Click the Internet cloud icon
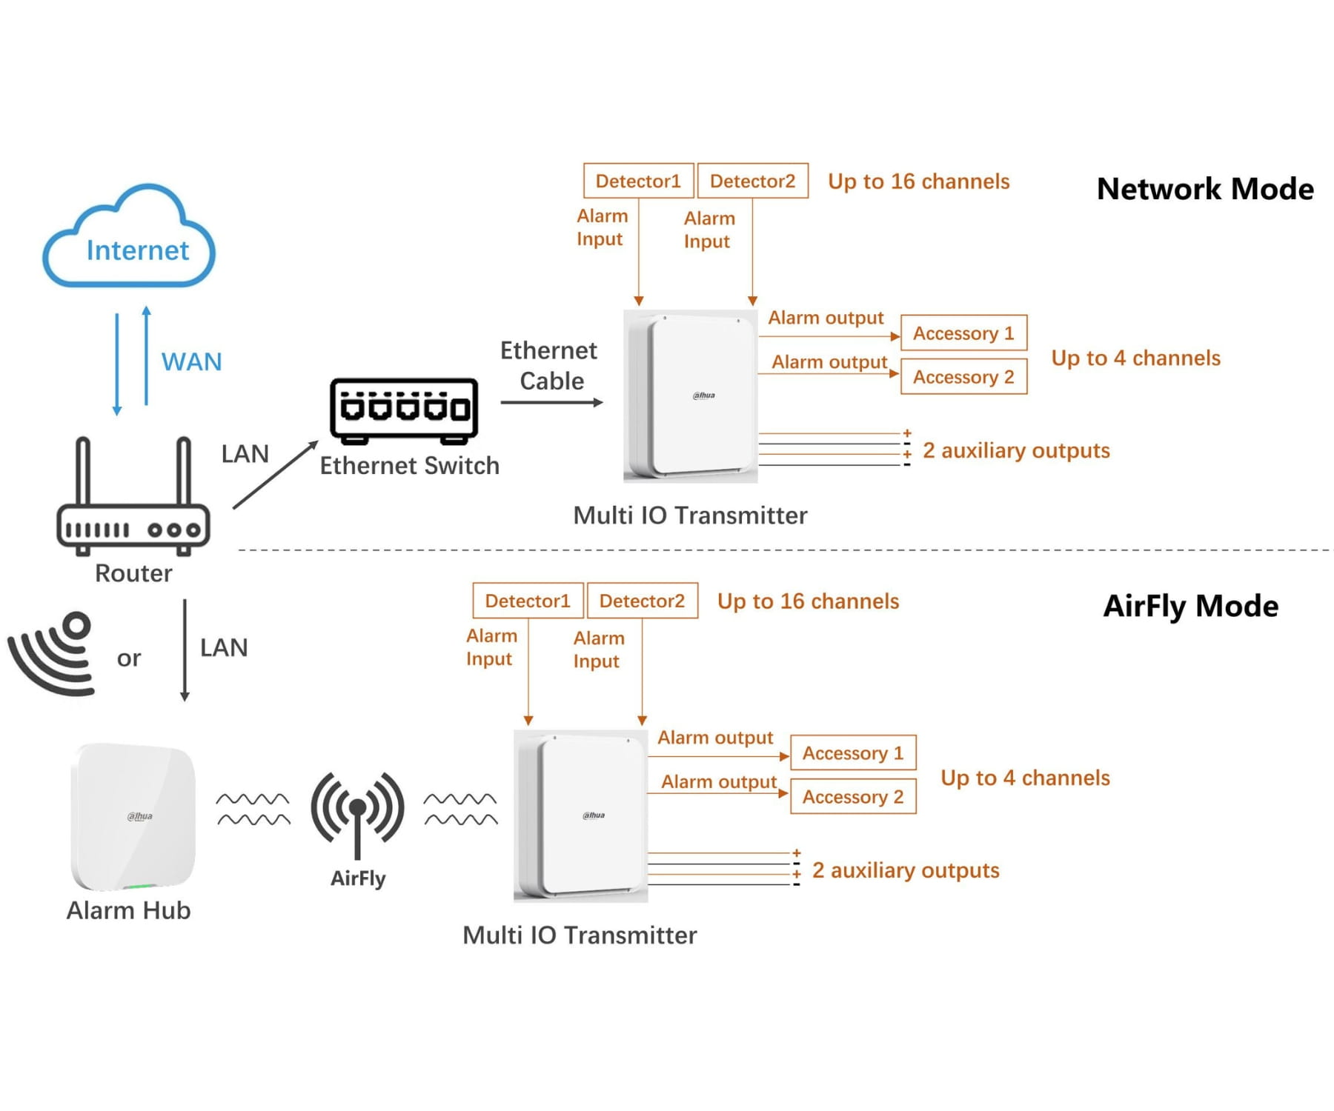[x=129, y=236]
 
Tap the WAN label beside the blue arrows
[x=191, y=361]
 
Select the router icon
[x=133, y=496]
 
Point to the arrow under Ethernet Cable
[x=552, y=402]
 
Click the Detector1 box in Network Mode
[x=639, y=181]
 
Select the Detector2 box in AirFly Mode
[x=642, y=601]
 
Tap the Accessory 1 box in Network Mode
[x=963, y=333]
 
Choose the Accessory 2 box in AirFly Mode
[x=853, y=796]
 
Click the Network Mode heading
[x=1205, y=189]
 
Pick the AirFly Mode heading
[x=1191, y=606]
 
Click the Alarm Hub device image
[x=133, y=816]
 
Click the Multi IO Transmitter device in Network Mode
[x=691, y=396]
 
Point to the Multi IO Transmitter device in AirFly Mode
[x=581, y=815]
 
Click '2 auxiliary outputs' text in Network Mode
[x=1016, y=450]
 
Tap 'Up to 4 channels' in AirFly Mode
[x=1025, y=778]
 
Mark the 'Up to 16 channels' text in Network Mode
[x=918, y=181]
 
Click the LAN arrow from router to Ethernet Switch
[x=276, y=475]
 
